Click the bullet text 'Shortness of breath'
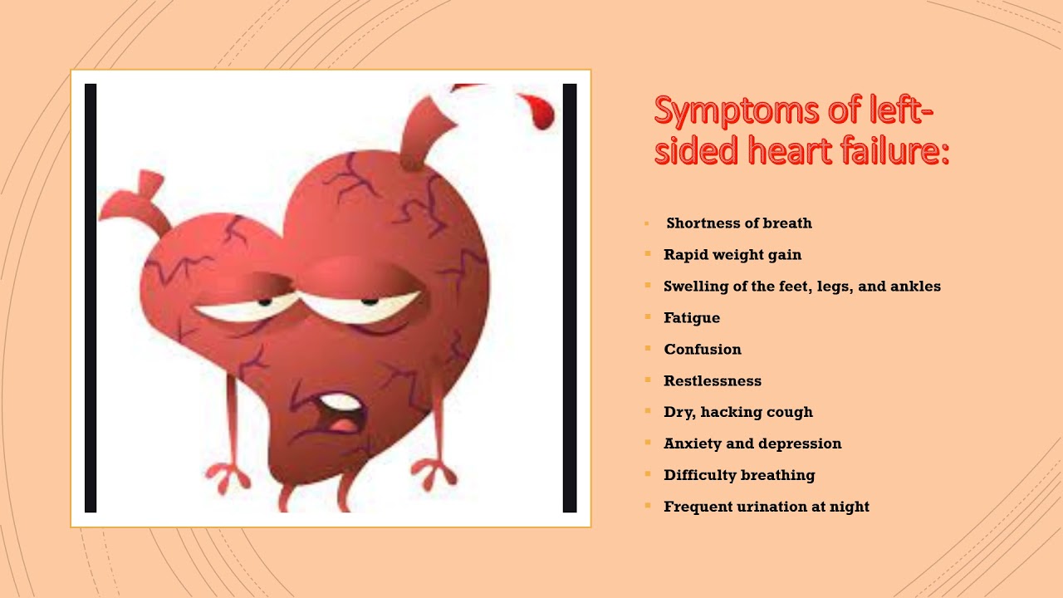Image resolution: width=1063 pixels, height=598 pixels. pos(739,223)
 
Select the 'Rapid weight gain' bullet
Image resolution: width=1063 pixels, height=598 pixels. pos(732,255)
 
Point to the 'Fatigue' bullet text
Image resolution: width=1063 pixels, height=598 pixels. pos(692,318)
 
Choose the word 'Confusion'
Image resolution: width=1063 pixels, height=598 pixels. pos(703,350)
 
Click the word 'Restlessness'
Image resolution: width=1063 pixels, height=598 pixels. pos(713,381)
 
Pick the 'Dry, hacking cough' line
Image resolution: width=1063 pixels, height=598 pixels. pos(738,412)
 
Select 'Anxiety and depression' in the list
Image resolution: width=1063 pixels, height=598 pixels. pos(752,444)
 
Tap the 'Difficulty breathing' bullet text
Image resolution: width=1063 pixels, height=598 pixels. pos(739,475)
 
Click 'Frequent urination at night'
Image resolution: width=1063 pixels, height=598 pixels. pos(767,507)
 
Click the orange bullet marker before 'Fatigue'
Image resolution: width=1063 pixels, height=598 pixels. pos(647,317)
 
